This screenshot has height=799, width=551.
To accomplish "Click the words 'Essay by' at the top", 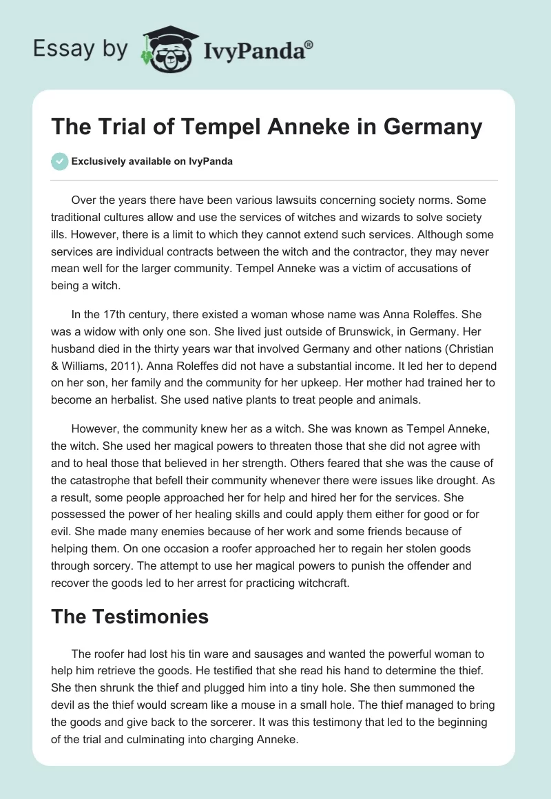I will pyautogui.click(x=80, y=49).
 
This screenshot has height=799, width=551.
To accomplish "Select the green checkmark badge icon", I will pyautogui.click(x=59, y=161).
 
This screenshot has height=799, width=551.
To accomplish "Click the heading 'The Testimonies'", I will pyautogui.click(x=129, y=616).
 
